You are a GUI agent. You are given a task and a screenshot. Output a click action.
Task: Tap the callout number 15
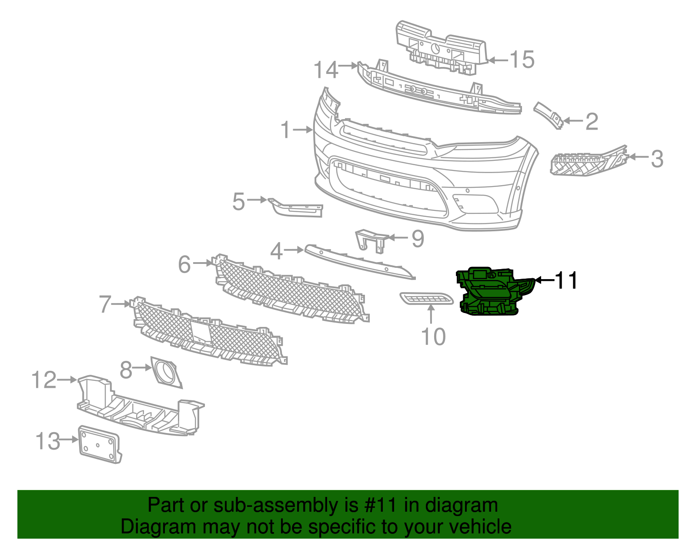pos(522,60)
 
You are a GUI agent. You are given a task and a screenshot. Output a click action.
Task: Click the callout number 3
pos(657,159)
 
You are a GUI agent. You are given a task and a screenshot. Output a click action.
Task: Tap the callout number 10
pos(433,337)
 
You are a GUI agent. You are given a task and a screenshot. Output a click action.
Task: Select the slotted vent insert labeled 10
pos(426,299)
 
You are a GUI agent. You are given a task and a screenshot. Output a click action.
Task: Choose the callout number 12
pos(44,380)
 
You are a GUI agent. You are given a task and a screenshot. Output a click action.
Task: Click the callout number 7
pos(105,304)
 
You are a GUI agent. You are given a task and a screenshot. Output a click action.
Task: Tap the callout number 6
pos(184,264)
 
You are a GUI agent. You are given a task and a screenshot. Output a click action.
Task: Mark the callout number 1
pos(285,130)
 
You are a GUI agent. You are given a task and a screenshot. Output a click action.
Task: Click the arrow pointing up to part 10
pos(431,314)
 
